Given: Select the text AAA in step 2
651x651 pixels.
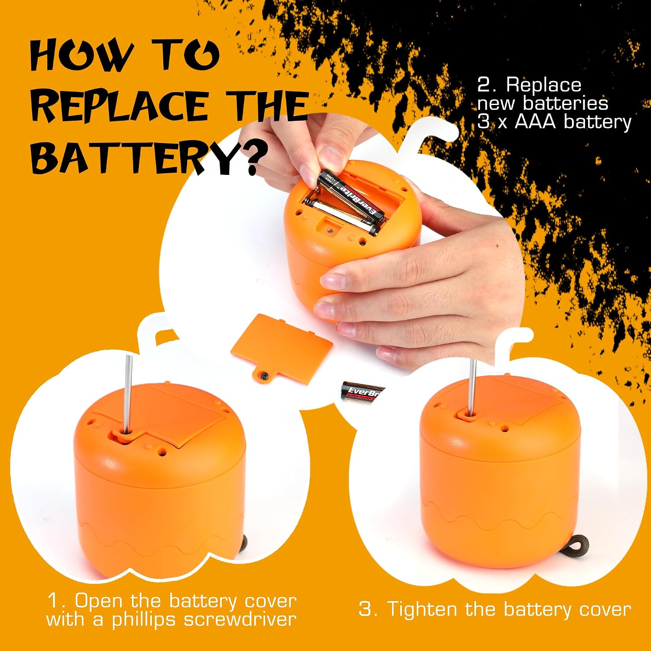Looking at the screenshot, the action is (535, 122).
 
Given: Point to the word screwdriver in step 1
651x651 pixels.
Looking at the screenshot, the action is (240, 619).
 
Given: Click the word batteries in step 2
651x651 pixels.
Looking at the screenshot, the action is (566, 103).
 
